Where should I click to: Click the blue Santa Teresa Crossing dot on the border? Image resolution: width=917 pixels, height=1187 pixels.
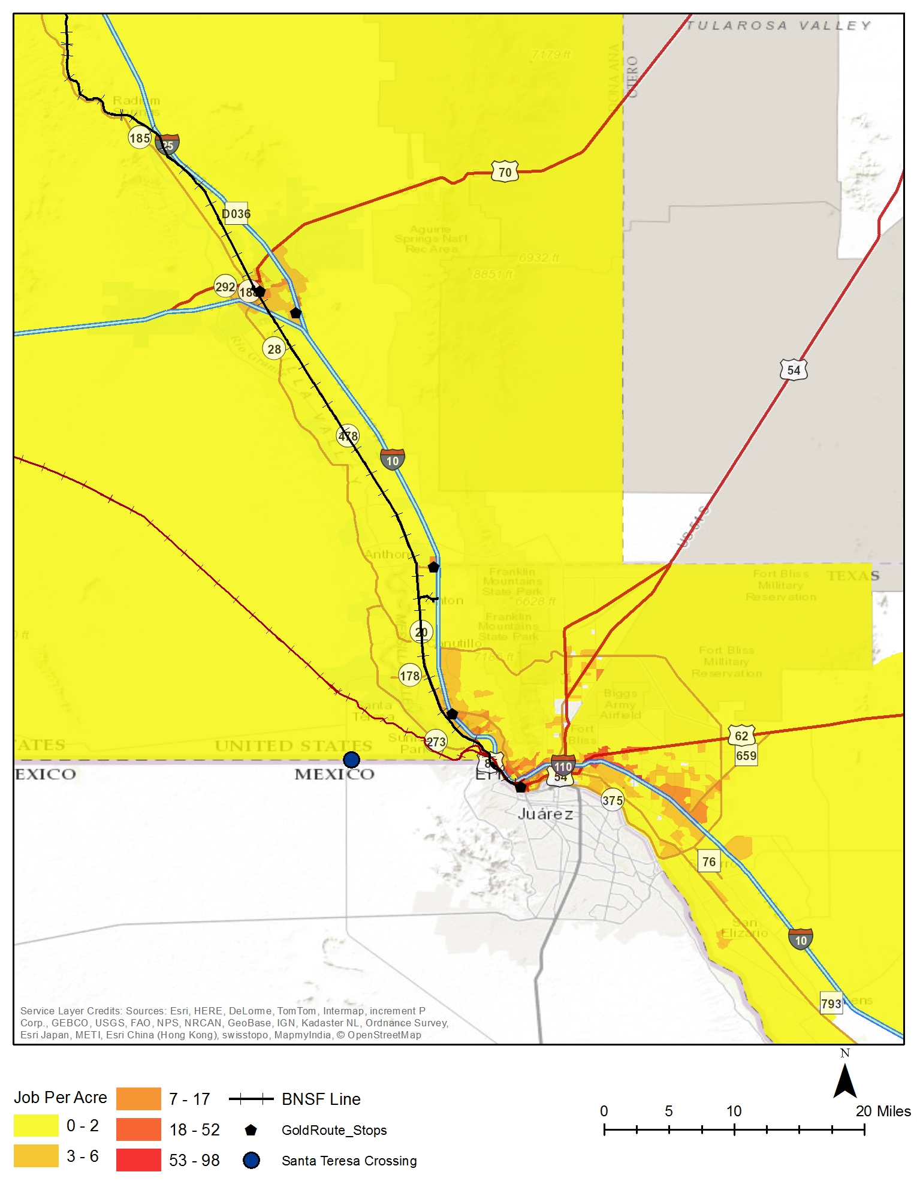click(x=351, y=760)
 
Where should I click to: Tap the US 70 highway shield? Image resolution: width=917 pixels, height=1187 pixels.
click(x=505, y=172)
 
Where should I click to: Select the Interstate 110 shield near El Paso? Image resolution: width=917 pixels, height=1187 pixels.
click(x=563, y=766)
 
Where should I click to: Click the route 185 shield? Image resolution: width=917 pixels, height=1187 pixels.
click(x=140, y=138)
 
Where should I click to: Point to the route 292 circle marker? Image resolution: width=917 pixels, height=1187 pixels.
click(x=225, y=287)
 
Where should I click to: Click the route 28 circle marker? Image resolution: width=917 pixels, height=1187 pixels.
click(x=274, y=349)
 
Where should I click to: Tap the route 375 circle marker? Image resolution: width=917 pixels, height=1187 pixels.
click(x=613, y=800)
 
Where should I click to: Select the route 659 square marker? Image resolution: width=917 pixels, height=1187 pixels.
click(x=746, y=755)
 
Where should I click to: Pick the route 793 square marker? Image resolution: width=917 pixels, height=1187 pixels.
click(x=831, y=1004)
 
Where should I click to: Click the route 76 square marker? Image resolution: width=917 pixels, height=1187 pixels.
click(x=709, y=861)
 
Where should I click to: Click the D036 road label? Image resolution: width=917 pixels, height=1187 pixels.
click(x=236, y=213)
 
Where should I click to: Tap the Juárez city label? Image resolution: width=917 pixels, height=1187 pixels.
click(x=545, y=814)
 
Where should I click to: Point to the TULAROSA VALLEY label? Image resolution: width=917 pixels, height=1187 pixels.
click(x=778, y=25)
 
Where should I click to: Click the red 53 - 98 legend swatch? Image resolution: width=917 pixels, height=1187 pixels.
click(x=138, y=1159)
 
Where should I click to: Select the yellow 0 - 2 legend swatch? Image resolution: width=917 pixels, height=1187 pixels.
click(x=36, y=1125)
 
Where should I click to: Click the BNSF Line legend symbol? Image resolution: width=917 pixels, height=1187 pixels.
click(x=251, y=1099)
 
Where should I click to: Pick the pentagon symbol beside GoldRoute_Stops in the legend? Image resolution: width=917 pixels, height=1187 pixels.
click(x=251, y=1130)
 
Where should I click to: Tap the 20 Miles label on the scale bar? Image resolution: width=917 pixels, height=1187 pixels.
click(x=883, y=1111)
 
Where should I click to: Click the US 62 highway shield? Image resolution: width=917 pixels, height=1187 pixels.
click(x=741, y=736)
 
